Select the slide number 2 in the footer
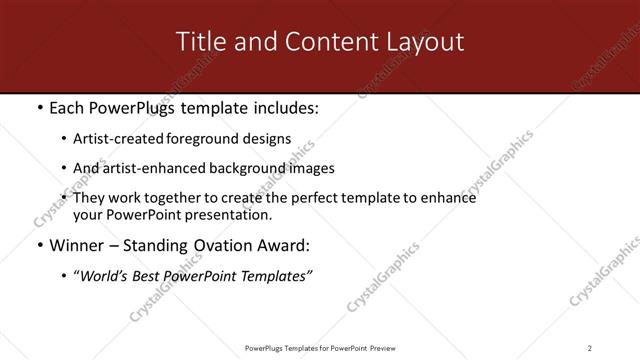pos(590,348)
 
